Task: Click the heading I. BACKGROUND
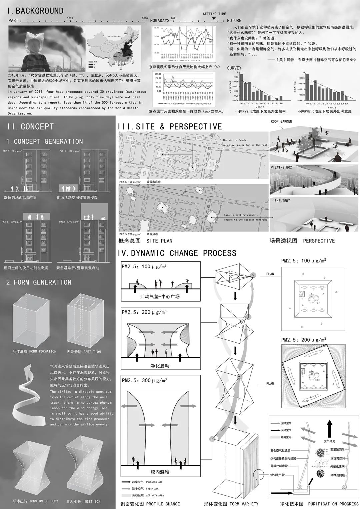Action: pos(35,11)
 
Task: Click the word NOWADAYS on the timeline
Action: pos(160,21)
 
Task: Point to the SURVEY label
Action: pos(234,68)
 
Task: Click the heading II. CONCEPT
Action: pos(30,127)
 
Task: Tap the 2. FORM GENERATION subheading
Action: pos(39,282)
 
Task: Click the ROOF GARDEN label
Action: pos(281,122)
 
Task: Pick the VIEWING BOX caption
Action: pos(281,167)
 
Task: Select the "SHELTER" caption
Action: pos(281,201)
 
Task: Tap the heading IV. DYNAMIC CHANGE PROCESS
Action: pos(177,253)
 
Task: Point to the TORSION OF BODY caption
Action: pos(43,501)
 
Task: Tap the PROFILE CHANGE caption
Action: pos(163,504)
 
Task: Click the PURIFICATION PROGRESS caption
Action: pos(333,504)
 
